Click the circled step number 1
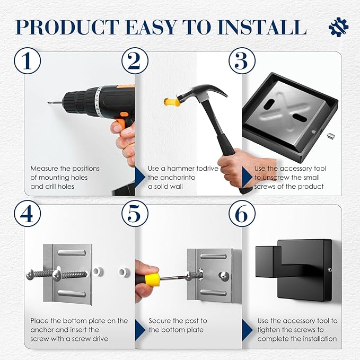tap(28, 60)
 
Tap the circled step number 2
tap(135, 60)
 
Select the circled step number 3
tap(242, 60)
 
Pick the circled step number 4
tap(28, 214)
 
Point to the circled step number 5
tap(135, 214)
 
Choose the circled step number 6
tap(242, 214)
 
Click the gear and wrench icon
tap(338, 27)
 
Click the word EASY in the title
tap(151, 27)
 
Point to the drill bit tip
tap(49, 103)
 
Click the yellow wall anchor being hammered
tap(171, 102)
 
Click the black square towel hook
tap(294, 270)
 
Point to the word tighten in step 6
tap(269, 330)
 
